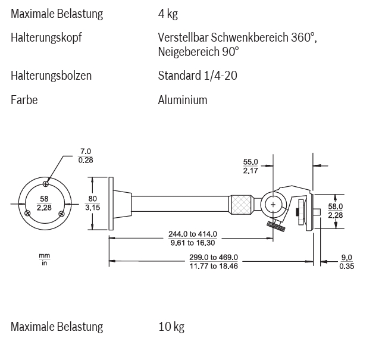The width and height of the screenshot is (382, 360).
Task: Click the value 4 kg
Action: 168,14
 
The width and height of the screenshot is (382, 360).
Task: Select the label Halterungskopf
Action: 46,38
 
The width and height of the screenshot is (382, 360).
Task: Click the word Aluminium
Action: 183,100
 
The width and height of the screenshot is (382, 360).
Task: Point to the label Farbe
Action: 24,100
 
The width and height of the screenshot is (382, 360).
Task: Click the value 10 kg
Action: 171,327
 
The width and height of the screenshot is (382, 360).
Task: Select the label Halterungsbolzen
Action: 51,76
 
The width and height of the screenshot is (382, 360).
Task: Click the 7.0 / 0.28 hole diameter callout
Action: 86,155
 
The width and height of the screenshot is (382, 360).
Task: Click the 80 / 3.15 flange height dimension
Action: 92,203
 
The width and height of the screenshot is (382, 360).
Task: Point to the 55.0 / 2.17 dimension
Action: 251,166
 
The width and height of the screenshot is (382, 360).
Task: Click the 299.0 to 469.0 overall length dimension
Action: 214,261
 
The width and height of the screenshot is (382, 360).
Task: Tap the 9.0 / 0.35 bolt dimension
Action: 346,261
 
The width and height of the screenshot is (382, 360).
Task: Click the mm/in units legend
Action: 44,259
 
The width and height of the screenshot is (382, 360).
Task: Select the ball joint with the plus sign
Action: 273,204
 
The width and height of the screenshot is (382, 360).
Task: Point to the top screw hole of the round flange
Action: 46,184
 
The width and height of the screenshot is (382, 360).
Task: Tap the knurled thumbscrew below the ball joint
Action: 275,225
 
